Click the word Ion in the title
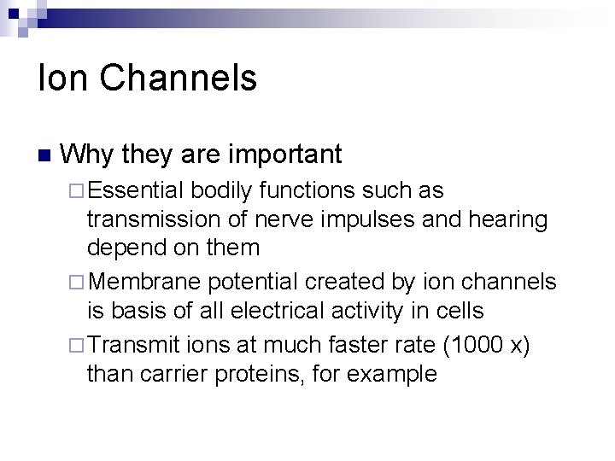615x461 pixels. point(61,79)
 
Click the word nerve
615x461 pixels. point(286,219)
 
